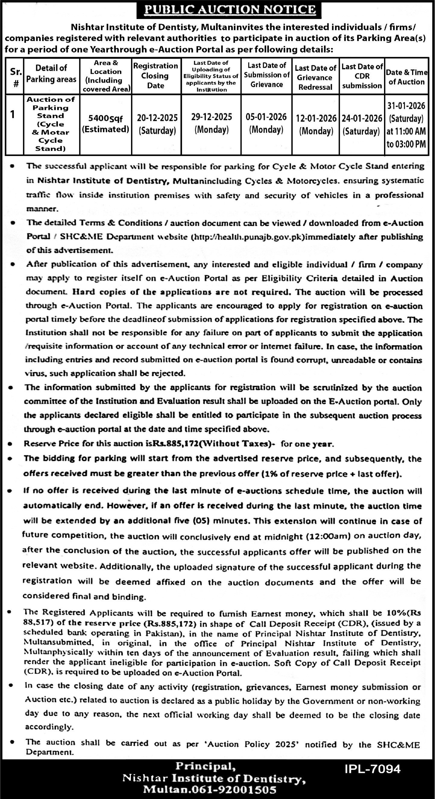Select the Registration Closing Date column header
tap(156, 76)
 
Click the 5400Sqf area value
tap(106, 119)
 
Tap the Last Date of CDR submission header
tap(362, 76)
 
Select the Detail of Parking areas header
tap(51, 73)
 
